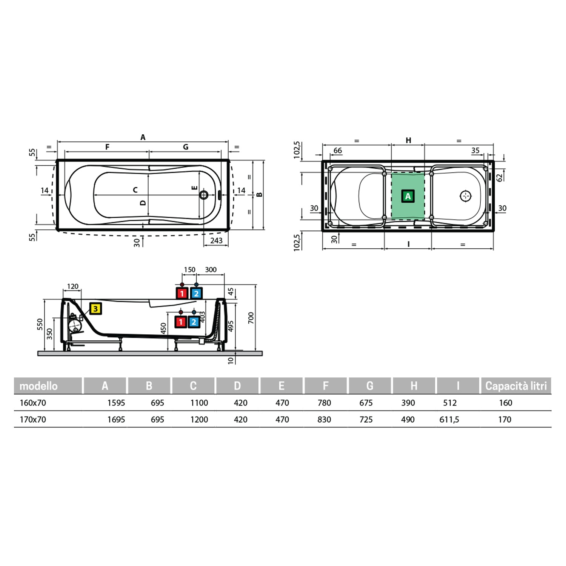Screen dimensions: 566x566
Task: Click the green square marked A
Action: click(408, 196)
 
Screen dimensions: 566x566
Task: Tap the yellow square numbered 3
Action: click(95, 309)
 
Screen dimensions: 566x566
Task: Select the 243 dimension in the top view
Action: click(216, 240)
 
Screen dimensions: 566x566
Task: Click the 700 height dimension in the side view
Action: click(251, 318)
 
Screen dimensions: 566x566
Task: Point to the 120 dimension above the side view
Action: click(72, 286)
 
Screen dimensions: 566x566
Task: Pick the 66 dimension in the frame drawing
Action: click(337, 151)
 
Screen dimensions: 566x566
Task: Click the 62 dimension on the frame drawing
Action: click(500, 177)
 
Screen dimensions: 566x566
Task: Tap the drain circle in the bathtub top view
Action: click(204, 195)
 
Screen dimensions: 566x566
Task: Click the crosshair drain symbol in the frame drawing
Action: click(466, 196)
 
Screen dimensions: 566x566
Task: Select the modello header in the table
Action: click(38, 386)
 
